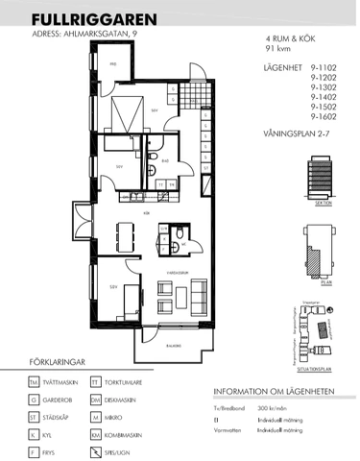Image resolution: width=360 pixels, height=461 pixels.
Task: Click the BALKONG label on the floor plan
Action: click(x=172, y=346)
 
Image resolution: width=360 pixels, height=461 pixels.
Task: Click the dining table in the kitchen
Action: click(x=123, y=234)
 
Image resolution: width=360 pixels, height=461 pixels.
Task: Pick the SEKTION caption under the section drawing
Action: click(x=323, y=205)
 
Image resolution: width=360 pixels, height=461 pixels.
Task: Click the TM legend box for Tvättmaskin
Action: click(x=34, y=381)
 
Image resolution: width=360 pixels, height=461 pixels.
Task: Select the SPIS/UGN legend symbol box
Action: click(x=95, y=451)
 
